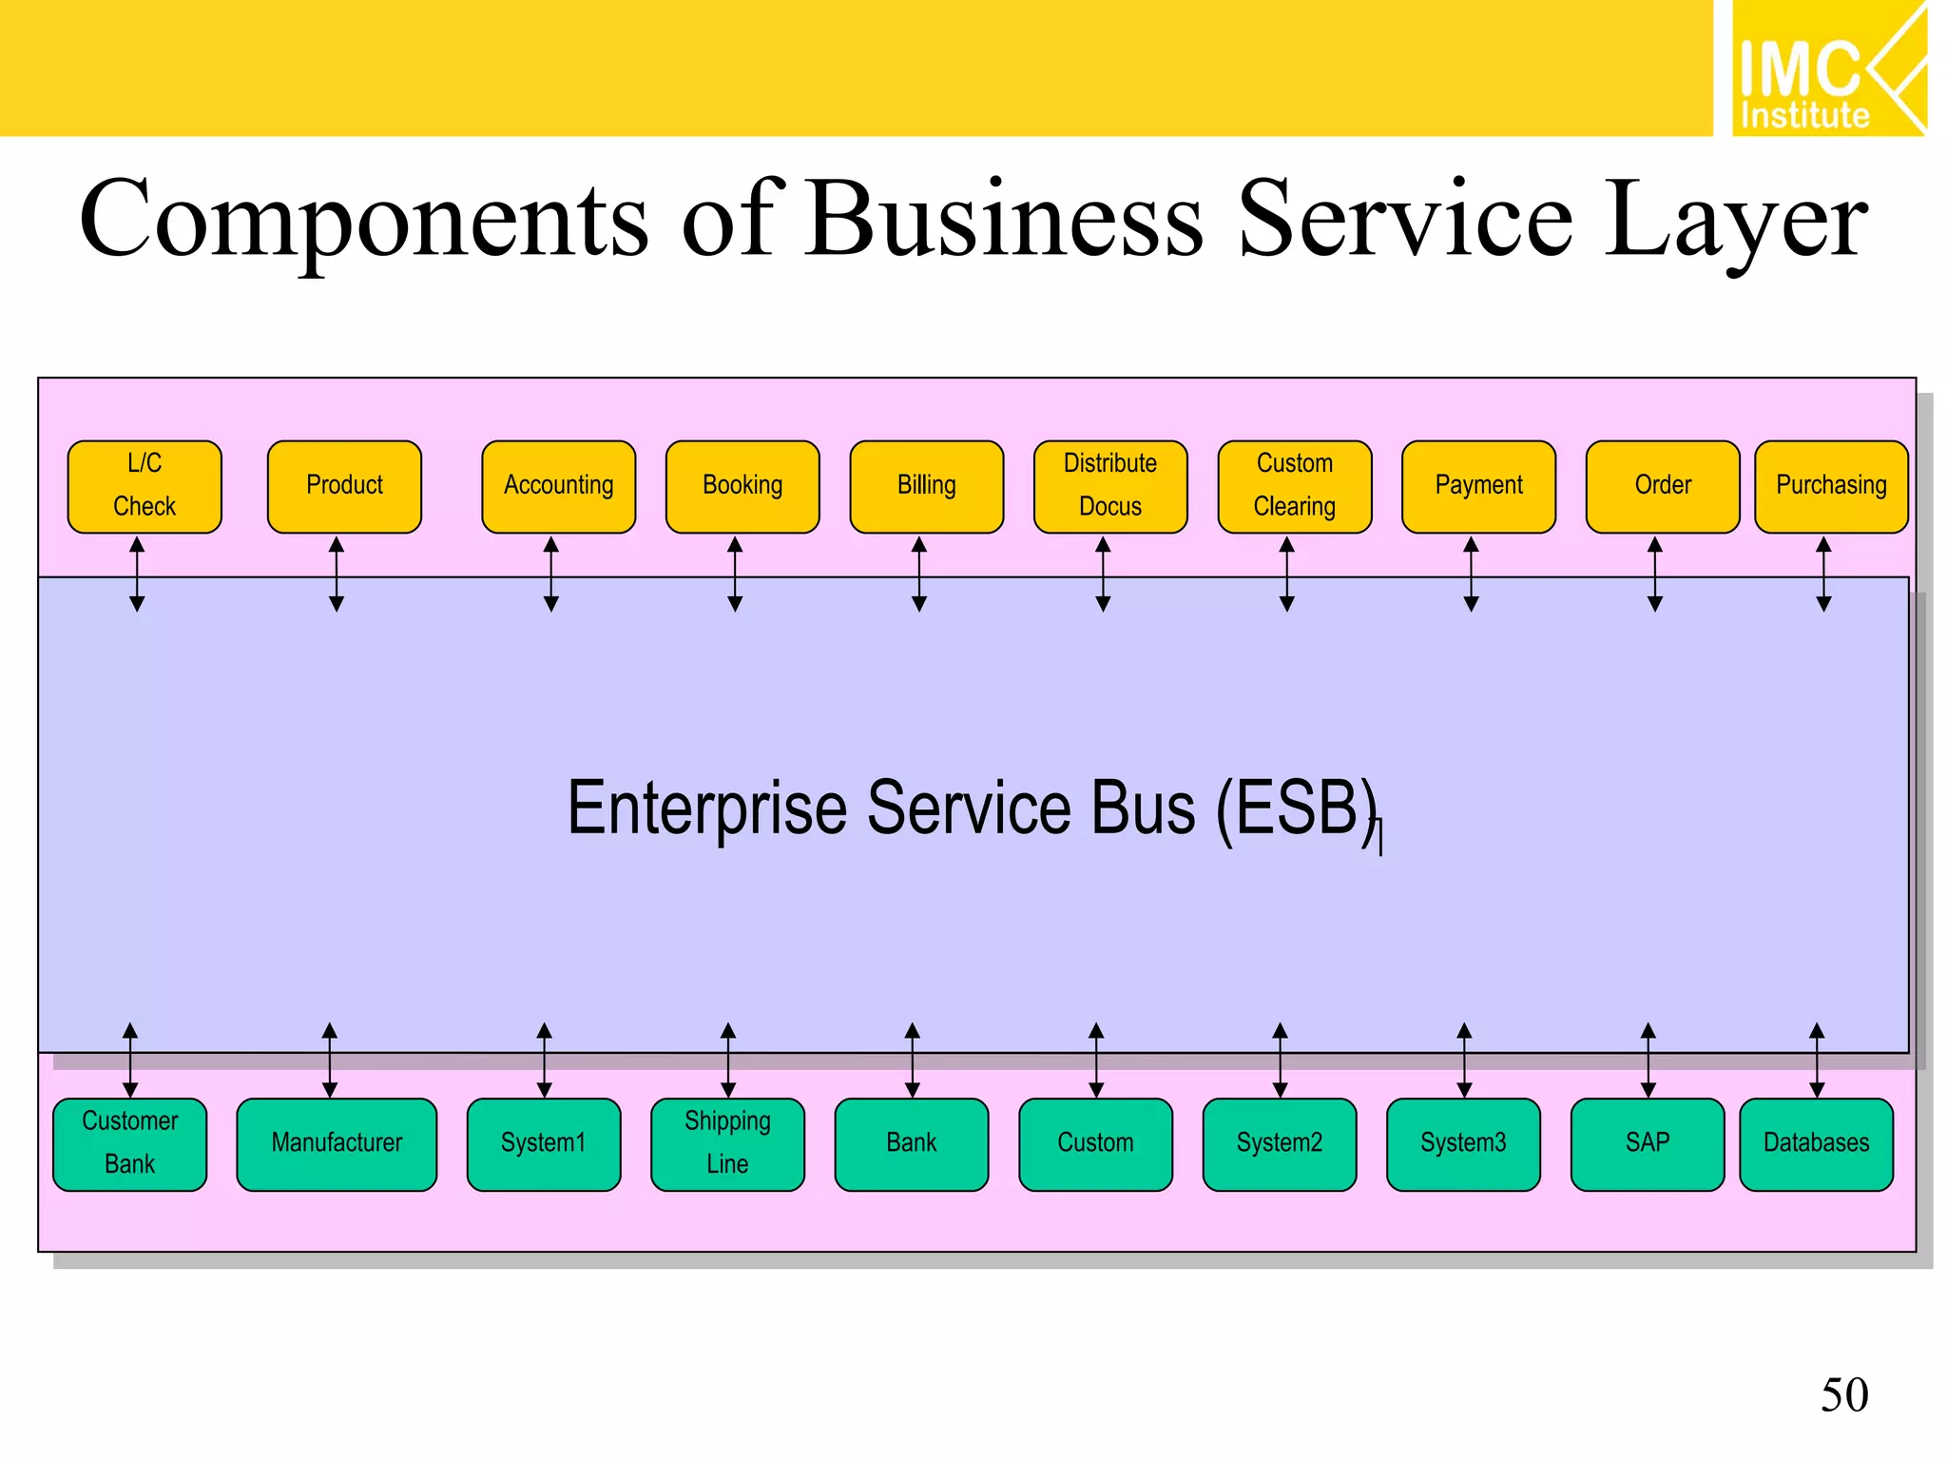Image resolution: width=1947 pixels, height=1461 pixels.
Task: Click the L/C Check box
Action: coord(145,486)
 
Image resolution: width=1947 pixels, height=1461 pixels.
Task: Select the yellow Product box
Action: coord(344,486)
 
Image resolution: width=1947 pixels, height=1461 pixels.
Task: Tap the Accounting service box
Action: coord(558,486)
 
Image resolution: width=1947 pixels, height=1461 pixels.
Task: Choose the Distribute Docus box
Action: coord(1110,486)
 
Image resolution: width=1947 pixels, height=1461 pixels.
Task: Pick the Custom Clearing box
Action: coord(1295,486)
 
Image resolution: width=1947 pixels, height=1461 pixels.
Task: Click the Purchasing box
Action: coord(1831,486)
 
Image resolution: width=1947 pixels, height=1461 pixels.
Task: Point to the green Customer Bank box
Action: coord(130,1143)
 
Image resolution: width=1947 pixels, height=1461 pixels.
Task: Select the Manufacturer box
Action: coord(337,1143)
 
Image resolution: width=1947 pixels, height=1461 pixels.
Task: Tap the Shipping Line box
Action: coord(727,1143)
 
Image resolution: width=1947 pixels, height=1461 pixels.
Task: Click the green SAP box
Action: coord(1648,1143)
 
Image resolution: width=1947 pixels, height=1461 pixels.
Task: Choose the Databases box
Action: coord(1816,1143)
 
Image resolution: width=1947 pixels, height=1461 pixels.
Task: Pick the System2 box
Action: coord(1280,1143)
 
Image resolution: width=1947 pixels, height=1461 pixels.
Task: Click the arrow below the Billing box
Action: coord(919,574)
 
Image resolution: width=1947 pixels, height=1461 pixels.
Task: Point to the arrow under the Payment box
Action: coord(1471,574)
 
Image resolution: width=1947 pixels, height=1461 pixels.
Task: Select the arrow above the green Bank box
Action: coord(912,1060)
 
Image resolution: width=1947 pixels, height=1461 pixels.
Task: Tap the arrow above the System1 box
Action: coord(544,1060)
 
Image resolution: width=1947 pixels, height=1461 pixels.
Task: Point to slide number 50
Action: coord(1844,1395)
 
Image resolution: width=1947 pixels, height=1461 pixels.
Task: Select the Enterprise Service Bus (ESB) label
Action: coord(972,808)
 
